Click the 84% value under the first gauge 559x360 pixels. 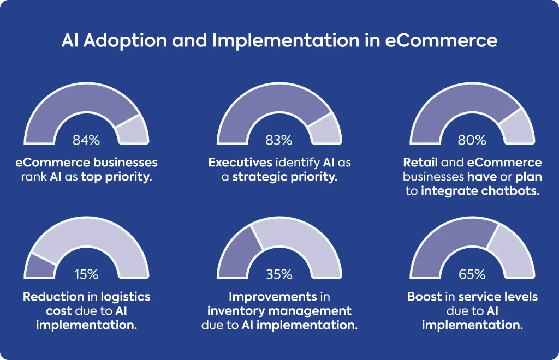tap(86, 140)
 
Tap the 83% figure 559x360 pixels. tap(279, 140)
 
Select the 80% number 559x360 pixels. tap(472, 140)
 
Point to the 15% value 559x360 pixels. tap(86, 274)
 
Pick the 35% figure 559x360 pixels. tap(279, 274)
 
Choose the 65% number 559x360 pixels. tap(472, 274)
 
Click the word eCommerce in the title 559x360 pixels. tap(441, 40)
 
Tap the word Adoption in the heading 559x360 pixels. tap(125, 40)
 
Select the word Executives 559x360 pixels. tap(240, 163)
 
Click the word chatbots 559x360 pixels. tap(510, 191)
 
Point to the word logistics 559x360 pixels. tap(126, 297)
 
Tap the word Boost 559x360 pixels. tap(424, 297)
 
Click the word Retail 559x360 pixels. tap(420, 163)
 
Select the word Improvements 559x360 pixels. tap(273, 297)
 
